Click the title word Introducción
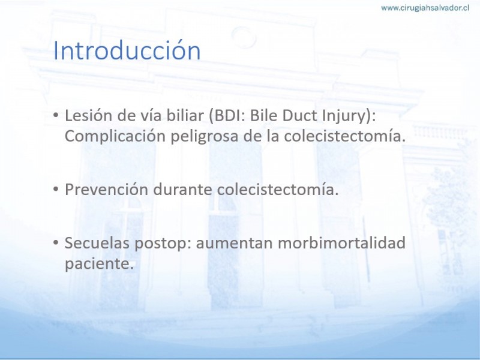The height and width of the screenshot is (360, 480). [x=127, y=50]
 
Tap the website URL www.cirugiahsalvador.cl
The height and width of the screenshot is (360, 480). [x=425, y=8]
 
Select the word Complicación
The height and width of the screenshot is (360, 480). [x=115, y=137]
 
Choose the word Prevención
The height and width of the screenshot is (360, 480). [x=107, y=190]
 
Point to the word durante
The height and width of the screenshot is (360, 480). [x=182, y=190]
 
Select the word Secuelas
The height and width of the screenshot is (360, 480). [x=97, y=243]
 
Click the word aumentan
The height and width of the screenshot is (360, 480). [x=234, y=244]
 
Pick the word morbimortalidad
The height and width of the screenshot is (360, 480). [x=341, y=243]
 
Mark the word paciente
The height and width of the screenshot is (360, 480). [x=99, y=264]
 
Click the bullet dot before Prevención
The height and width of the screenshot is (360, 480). [x=56, y=190]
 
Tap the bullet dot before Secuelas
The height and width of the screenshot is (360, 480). [x=56, y=243]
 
